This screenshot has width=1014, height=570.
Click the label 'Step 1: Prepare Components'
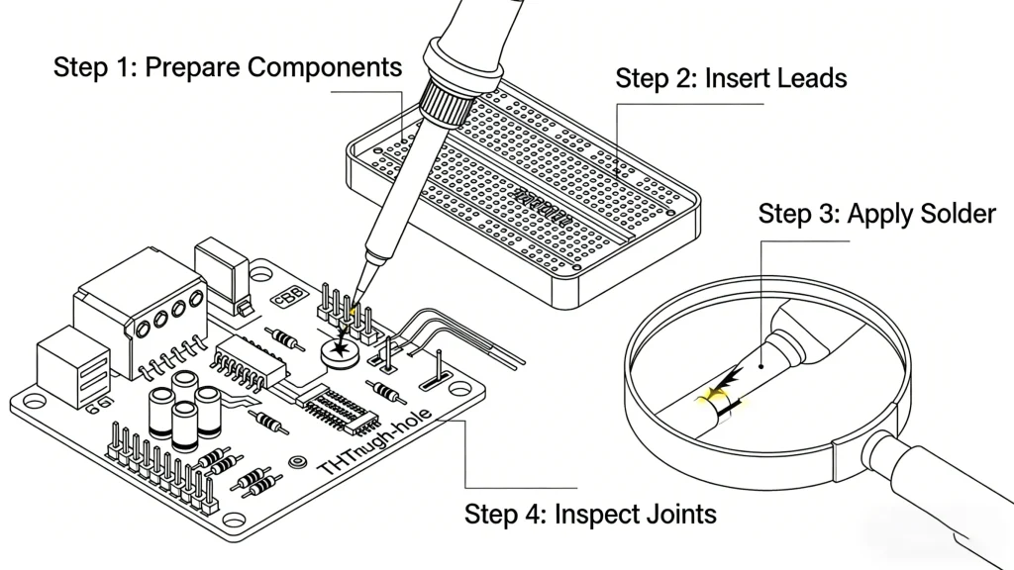pos(228,68)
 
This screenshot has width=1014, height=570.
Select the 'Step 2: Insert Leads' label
pos(731,78)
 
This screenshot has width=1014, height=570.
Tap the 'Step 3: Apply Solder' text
pos(876,215)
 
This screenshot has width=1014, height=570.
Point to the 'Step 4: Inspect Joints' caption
pos(590,515)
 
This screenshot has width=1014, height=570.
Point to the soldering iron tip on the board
pos(355,292)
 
